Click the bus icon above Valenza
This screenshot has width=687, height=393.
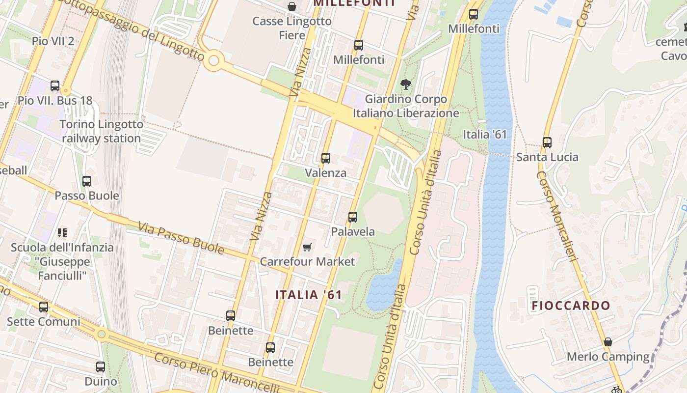pos(325,158)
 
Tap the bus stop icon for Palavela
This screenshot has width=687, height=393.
pos(352,217)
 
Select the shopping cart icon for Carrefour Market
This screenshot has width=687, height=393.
pos(307,247)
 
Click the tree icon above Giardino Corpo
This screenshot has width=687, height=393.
pos(405,84)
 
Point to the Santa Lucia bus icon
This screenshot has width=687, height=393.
pos(547,142)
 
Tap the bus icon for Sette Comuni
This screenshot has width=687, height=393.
pos(44,307)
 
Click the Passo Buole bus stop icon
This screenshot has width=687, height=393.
pos(87,181)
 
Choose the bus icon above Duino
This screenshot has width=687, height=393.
pos(101,366)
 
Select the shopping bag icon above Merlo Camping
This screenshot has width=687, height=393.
pos(608,342)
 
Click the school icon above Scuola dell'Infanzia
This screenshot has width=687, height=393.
pos(62,232)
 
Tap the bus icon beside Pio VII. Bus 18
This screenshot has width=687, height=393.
pos(55,86)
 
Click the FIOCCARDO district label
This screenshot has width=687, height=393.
pos(571,306)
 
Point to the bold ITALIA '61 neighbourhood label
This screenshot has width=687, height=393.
pos(308,295)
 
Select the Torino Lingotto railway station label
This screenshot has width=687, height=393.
pos(102,131)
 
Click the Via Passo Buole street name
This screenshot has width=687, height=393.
pos(181,238)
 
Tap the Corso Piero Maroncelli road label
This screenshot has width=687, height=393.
pos(216,373)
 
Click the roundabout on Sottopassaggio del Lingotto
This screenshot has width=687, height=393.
pos(213,61)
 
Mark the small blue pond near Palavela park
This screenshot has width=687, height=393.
pos(382,287)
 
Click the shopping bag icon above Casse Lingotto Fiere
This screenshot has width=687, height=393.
pos(292,6)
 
